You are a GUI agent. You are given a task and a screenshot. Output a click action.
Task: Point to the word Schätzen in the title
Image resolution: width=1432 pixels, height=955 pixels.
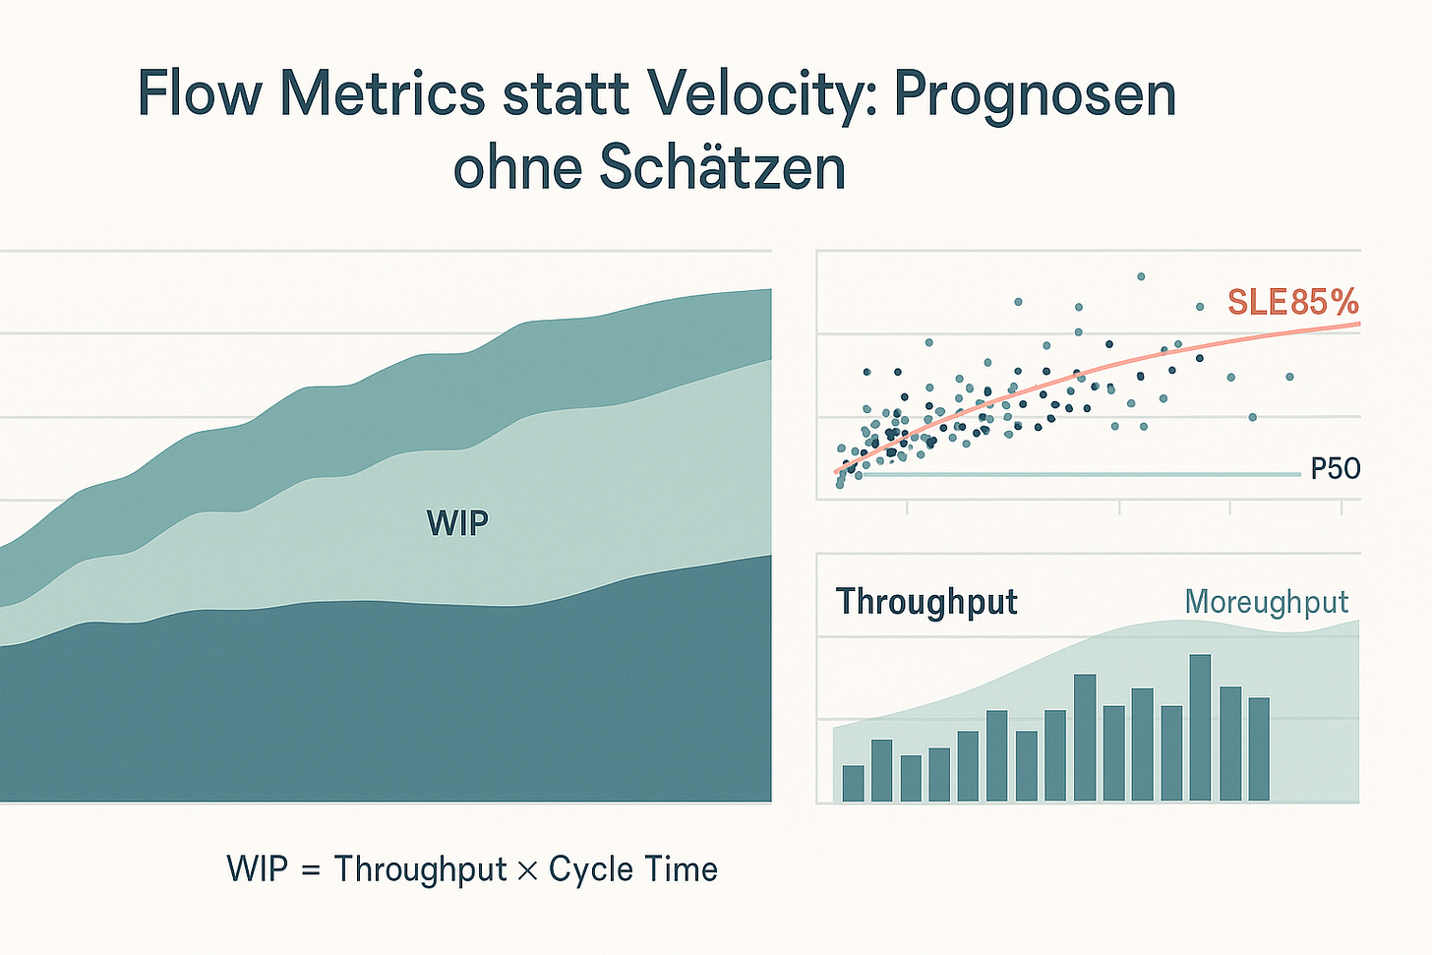(721, 168)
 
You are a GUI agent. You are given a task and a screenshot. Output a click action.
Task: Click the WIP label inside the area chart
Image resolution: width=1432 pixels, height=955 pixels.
(457, 522)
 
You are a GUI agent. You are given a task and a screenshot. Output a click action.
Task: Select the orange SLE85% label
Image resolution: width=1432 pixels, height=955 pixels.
(1292, 301)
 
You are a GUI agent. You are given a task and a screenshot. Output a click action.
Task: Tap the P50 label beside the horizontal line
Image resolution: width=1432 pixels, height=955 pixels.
(1336, 468)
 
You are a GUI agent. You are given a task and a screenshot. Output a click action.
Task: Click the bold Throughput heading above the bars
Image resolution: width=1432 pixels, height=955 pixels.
(926, 601)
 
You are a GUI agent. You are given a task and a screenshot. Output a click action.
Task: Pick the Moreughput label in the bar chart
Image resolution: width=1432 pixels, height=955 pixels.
(1266, 601)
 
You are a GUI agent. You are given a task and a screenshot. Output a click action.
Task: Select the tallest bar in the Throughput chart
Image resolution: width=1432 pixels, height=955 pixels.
(1200, 728)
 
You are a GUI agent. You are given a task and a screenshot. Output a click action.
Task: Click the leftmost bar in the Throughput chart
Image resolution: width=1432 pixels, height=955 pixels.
(853, 783)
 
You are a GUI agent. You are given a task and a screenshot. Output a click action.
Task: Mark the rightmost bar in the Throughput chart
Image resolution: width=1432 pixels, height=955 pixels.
(1259, 748)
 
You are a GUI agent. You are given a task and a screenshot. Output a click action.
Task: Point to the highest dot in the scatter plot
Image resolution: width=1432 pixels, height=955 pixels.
(1141, 276)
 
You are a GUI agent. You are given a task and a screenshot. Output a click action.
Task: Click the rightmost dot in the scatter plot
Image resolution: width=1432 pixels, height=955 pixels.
(1289, 377)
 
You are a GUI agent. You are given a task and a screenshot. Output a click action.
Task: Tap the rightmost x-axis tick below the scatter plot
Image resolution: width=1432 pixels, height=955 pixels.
(1342, 507)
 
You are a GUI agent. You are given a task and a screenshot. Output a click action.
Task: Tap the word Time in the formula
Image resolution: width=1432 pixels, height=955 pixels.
(681, 870)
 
